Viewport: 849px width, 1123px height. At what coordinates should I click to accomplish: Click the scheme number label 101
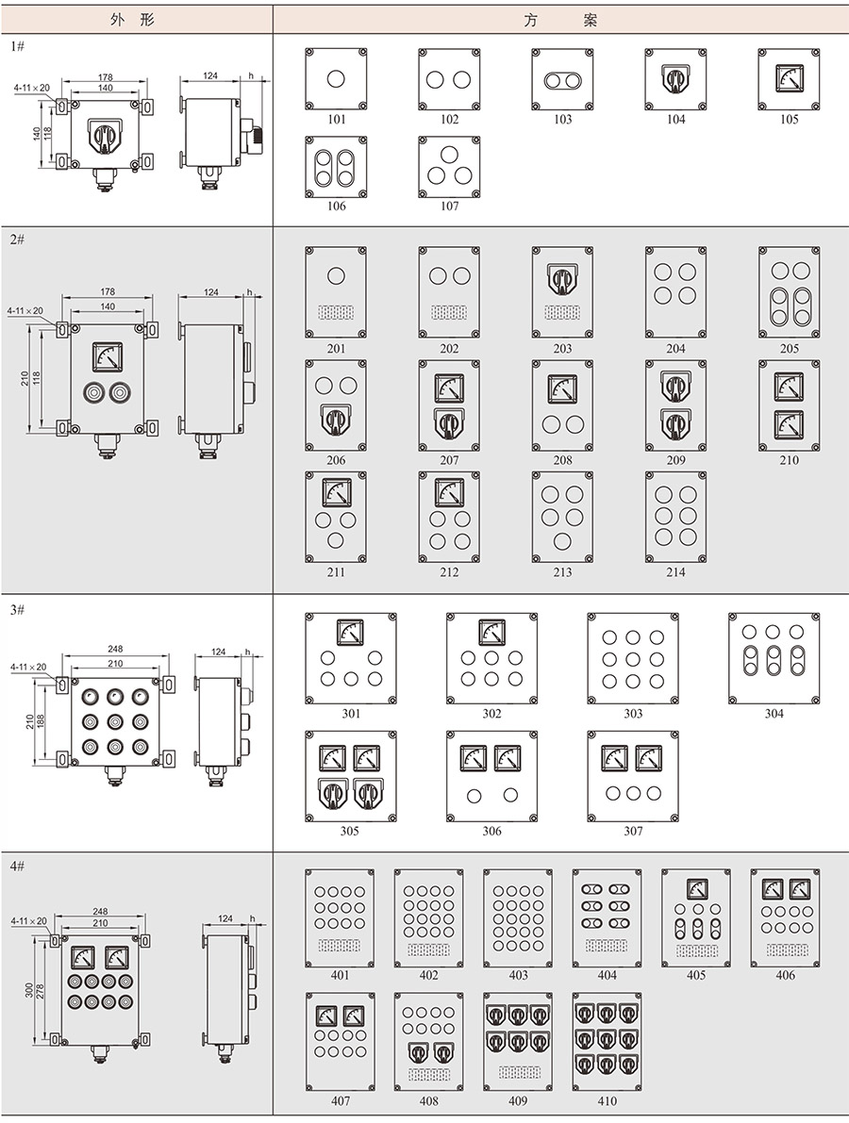pyautogui.click(x=337, y=120)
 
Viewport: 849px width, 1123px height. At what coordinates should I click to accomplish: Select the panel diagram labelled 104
pyautogui.click(x=675, y=79)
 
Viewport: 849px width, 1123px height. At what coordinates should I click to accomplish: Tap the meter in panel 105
pyautogui.click(x=789, y=75)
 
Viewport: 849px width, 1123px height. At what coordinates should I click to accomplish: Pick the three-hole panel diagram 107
pyautogui.click(x=450, y=167)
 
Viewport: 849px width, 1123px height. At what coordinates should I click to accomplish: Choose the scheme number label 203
pyautogui.click(x=562, y=349)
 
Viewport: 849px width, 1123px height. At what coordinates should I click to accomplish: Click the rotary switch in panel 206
pyautogui.click(x=336, y=421)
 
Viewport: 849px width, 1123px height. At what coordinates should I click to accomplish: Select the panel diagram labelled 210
pyautogui.click(x=789, y=405)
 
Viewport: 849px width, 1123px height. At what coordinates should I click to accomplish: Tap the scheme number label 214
pyautogui.click(x=675, y=572)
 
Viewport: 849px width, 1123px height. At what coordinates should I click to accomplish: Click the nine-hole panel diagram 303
pyautogui.click(x=633, y=658)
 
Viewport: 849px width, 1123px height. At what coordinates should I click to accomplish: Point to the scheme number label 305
pyautogui.click(x=350, y=832)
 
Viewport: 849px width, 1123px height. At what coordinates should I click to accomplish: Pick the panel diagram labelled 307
pyautogui.click(x=633, y=775)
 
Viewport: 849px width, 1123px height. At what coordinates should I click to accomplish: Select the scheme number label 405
pyautogui.click(x=696, y=976)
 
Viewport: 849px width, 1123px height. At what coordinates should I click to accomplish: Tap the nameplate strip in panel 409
pyautogui.click(x=518, y=1072)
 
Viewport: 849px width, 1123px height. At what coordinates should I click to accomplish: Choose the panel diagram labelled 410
pyautogui.click(x=607, y=1042)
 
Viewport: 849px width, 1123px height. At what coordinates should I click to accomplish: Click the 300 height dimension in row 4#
pyautogui.click(x=29, y=990)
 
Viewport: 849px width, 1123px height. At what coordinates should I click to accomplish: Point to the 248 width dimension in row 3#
pyautogui.click(x=114, y=649)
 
